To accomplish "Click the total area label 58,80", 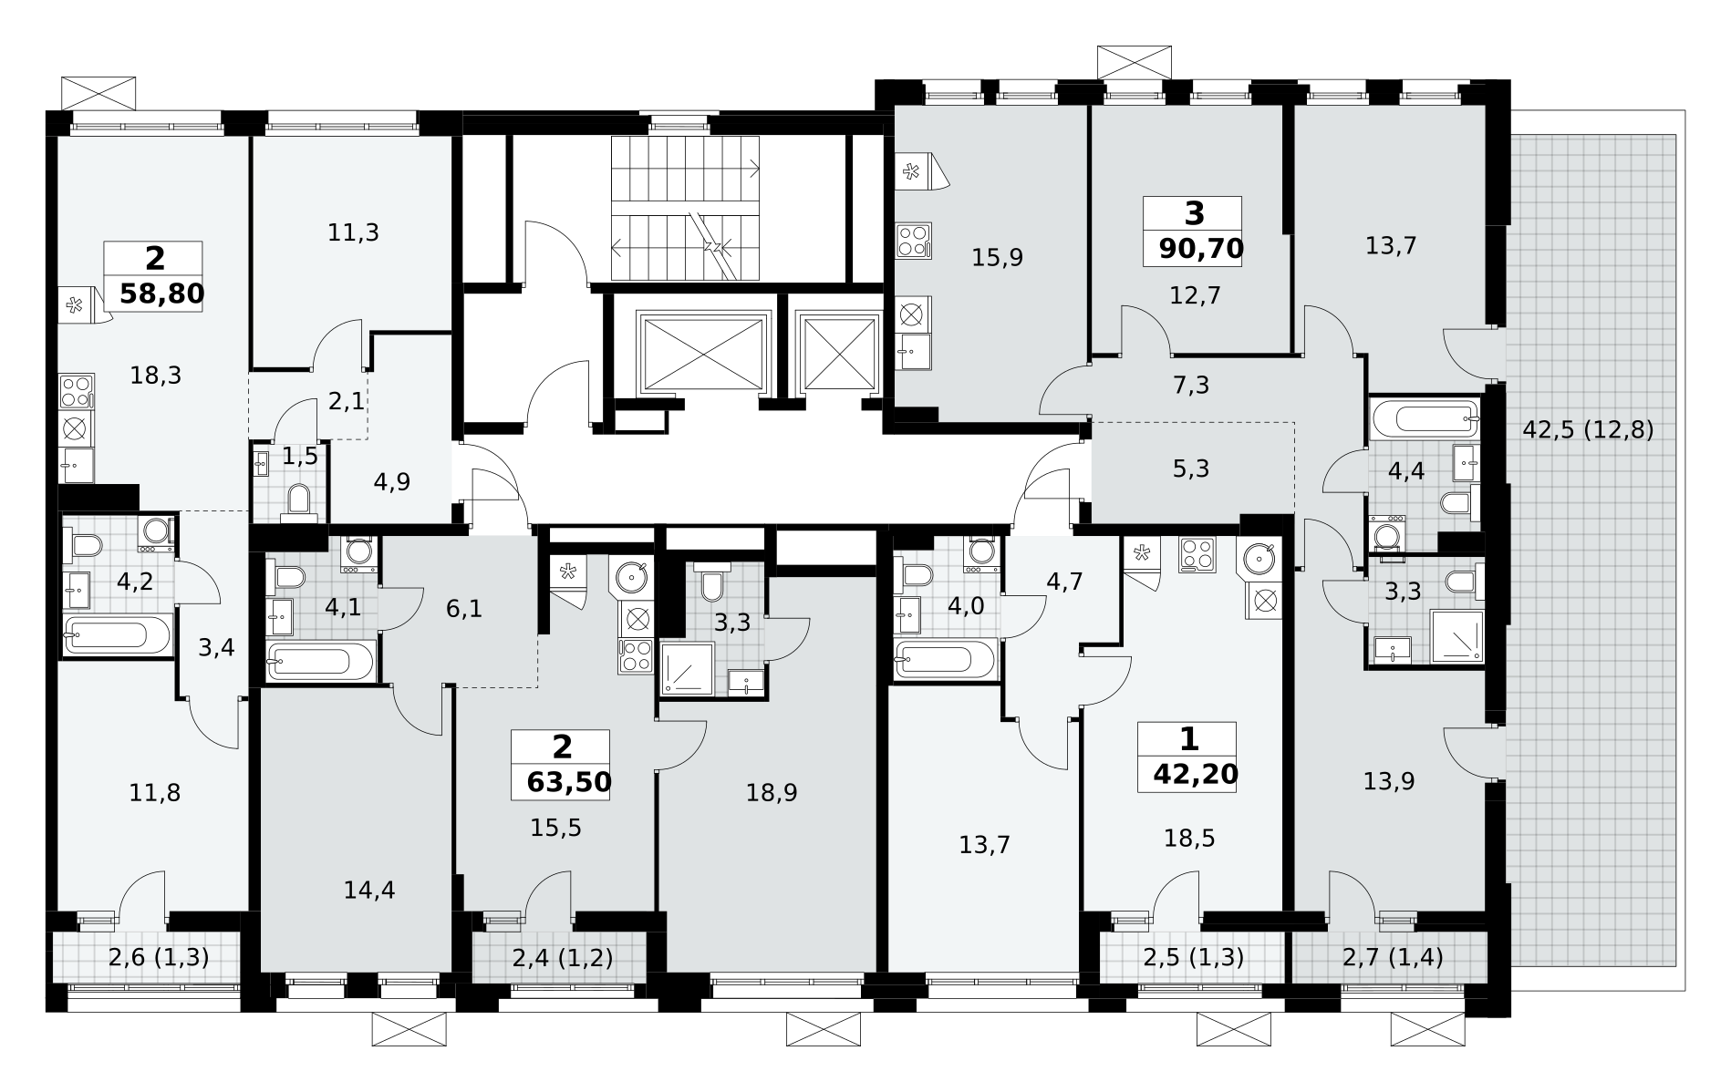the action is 161,294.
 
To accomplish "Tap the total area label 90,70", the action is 1201,248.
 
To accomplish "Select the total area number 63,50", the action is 569,782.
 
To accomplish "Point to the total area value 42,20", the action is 1196,774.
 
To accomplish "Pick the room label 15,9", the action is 997,258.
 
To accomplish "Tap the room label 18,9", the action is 772,793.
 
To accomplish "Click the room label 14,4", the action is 369,890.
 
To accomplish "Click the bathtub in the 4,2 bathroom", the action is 118,634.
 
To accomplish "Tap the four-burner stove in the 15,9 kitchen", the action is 914,241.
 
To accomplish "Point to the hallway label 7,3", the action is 1191,386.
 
